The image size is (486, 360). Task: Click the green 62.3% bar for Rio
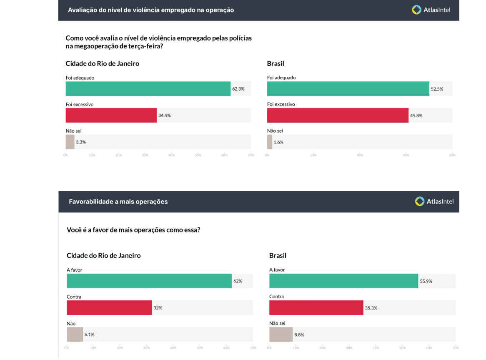coord(148,89)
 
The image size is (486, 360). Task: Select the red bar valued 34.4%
coord(111,115)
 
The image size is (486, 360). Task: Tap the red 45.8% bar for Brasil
coord(338,115)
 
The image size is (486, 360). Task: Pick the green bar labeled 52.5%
coord(348,89)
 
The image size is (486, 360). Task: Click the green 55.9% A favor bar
coord(343,281)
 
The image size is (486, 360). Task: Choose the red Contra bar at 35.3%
coord(316,307)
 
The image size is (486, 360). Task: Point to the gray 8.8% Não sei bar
coord(281,334)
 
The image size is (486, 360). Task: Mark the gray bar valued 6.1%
coord(75,334)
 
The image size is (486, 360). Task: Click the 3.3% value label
coord(81,142)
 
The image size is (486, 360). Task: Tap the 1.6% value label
coord(278,142)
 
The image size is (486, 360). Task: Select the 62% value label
coord(238,281)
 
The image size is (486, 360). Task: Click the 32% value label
coord(158,307)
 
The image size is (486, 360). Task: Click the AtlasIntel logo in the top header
coord(431,10)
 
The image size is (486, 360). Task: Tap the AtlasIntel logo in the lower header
coord(434,201)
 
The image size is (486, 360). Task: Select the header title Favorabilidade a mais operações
coord(118,201)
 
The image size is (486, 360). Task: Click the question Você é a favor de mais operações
coord(133,230)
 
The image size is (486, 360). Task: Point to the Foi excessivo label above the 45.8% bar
coord(281,104)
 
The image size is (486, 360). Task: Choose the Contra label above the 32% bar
coord(74,297)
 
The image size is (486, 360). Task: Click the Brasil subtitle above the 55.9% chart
coord(278,255)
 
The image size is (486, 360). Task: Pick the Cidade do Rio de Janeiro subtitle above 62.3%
coord(102,63)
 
